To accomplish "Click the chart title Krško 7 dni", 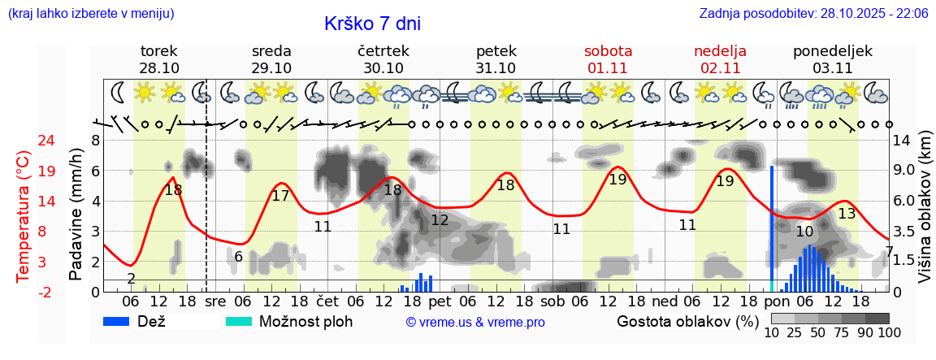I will click(372, 24).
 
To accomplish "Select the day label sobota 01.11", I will click(608, 59).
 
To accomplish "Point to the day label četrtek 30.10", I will click(383, 59).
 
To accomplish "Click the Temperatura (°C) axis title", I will click(24, 215).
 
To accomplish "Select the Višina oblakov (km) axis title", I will click(925, 215).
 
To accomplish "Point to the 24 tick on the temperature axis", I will click(24, 140).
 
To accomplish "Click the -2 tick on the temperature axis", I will click(24, 292).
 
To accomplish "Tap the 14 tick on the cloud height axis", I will click(903, 140).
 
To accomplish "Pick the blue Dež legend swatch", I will click(121, 321).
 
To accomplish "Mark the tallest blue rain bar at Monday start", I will click(772, 228).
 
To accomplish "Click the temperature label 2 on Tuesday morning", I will click(131, 279).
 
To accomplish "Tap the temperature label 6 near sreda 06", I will click(238, 257).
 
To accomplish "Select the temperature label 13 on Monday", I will click(847, 214).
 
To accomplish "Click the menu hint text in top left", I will click(90, 14).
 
